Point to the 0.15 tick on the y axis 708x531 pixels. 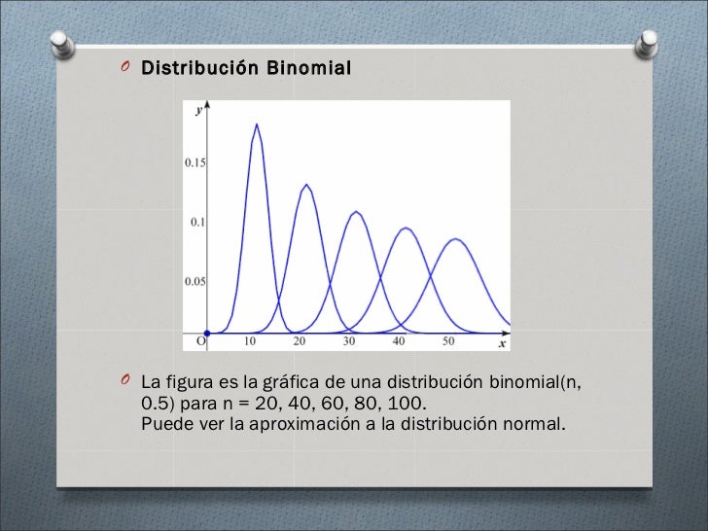[195, 162]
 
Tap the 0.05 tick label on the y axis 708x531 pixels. [195, 282]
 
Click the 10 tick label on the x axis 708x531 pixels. [251, 342]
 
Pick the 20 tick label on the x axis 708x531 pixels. [301, 342]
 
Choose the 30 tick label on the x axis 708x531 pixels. [350, 342]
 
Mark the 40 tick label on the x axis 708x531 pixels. [399, 342]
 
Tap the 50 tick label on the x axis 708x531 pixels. [448, 342]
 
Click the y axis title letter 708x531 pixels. [198, 111]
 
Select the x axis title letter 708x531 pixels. [502, 343]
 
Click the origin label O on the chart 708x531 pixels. [201, 342]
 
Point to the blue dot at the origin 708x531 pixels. [207, 334]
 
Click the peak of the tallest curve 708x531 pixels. [256, 124]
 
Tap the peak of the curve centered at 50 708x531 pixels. [453, 238]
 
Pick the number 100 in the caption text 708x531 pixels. [407, 403]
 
